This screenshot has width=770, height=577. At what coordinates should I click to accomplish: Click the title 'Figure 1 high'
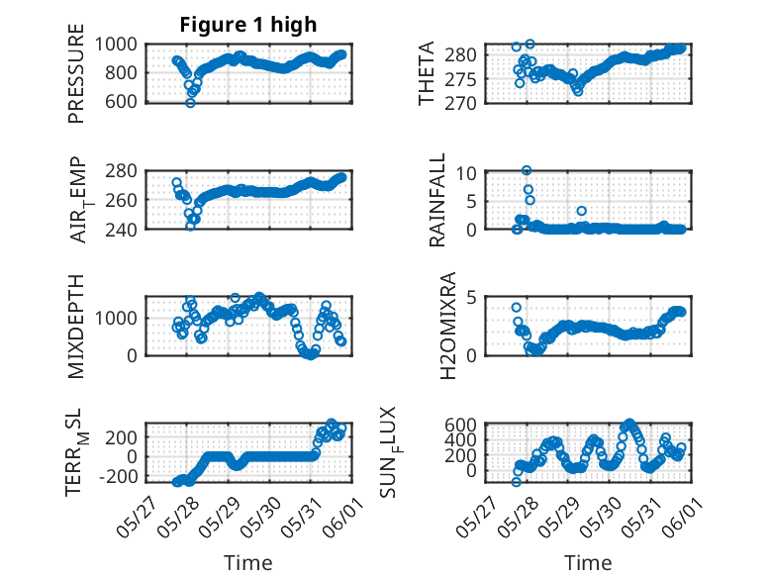pyautogui.click(x=248, y=25)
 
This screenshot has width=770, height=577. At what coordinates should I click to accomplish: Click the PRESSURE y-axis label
pyautogui.click(x=76, y=73)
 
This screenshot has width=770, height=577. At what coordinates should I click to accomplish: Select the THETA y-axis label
pyautogui.click(x=427, y=73)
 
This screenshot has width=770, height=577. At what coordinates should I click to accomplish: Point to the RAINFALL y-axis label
pyautogui.click(x=437, y=199)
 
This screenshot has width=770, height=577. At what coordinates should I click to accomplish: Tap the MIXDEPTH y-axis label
pyautogui.click(x=76, y=326)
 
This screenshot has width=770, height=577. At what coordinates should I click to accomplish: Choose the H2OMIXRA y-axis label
pyautogui.click(x=448, y=326)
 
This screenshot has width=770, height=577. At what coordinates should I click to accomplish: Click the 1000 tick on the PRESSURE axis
pyautogui.click(x=116, y=45)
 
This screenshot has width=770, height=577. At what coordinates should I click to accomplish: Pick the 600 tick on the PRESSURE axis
pyautogui.click(x=121, y=102)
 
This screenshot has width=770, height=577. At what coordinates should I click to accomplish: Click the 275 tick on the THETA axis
pyautogui.click(x=460, y=79)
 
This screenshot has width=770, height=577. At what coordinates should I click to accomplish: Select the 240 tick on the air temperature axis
pyautogui.click(x=121, y=229)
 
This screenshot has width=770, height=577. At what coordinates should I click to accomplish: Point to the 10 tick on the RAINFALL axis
pyautogui.click(x=466, y=173)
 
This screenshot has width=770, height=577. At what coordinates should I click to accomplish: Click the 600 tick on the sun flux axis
pyautogui.click(x=460, y=425)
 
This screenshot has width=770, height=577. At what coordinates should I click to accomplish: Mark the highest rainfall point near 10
pyautogui.click(x=527, y=171)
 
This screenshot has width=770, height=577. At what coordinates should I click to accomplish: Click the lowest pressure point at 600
pyautogui.click(x=191, y=103)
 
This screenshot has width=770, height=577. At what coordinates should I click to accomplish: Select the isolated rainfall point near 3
pyautogui.click(x=581, y=211)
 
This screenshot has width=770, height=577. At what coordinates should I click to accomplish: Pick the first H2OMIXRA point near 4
pyautogui.click(x=516, y=308)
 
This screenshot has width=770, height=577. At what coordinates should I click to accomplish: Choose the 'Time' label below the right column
pyautogui.click(x=588, y=562)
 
